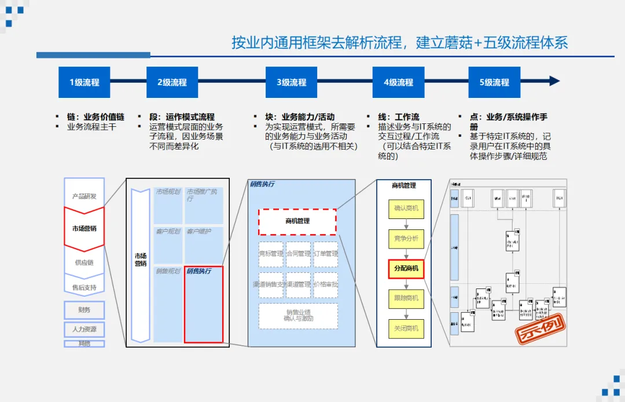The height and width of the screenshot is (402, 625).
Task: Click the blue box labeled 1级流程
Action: click(84, 82)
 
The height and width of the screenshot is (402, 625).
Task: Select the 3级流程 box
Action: click(291, 82)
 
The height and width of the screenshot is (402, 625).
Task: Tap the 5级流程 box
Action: click(494, 82)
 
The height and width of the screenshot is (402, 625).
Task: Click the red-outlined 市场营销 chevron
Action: click(84, 229)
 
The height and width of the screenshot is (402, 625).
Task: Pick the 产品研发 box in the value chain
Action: click(84, 196)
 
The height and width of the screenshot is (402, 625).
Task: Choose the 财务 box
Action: click(84, 310)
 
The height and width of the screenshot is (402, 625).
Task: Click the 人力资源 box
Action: click(84, 329)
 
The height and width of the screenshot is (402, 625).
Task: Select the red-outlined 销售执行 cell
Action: click(203, 304)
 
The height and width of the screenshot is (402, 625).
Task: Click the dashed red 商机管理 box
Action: click(297, 221)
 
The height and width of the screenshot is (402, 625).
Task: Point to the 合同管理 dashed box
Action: click(298, 254)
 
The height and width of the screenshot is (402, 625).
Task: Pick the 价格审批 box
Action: click(326, 284)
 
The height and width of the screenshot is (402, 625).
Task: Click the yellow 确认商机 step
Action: click(406, 208)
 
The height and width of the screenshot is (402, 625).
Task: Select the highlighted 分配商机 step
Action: click(406, 269)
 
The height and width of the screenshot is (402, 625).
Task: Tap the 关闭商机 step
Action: click(406, 328)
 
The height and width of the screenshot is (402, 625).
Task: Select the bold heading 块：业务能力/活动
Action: click(300, 117)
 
